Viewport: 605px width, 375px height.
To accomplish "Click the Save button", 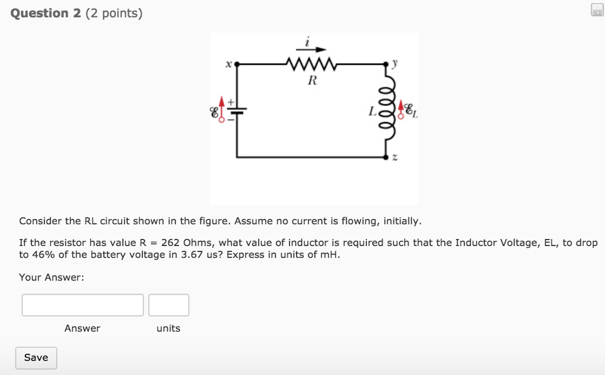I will click(x=36, y=358).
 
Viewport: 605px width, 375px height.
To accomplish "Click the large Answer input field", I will click(x=83, y=305).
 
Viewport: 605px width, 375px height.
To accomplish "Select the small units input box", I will click(x=168, y=305).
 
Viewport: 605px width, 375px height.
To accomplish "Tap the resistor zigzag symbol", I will click(x=311, y=63).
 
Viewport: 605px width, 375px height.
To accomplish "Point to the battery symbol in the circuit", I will click(x=238, y=111).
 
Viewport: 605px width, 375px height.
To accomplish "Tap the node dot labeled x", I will click(x=238, y=63).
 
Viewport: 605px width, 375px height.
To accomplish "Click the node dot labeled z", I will click(x=388, y=158).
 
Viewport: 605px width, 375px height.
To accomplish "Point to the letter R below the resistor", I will click(x=311, y=82).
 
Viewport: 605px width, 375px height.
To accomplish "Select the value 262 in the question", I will click(x=170, y=243).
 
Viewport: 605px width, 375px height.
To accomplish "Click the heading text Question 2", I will click(x=46, y=13).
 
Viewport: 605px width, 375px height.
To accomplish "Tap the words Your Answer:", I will click(x=51, y=277).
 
